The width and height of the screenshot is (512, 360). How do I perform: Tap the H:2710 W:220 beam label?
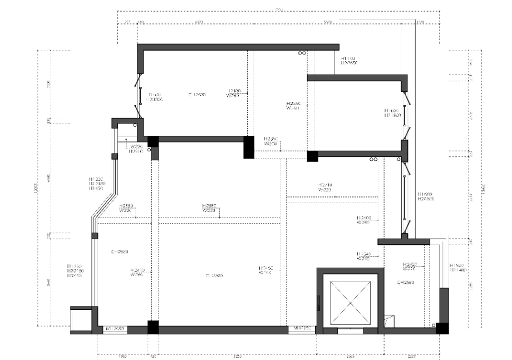point(325,187)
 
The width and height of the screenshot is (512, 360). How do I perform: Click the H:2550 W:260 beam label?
point(293,106)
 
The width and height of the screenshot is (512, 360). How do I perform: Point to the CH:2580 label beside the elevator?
point(406,283)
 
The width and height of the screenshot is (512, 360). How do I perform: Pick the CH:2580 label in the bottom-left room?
point(120,251)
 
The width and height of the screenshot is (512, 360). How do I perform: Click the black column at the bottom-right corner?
point(442,328)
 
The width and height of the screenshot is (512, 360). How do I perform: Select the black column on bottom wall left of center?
point(152,328)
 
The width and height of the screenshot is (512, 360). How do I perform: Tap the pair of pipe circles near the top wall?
point(302,53)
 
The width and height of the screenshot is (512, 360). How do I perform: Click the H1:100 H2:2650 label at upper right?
point(348,61)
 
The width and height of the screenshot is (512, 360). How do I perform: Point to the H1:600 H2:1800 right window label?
point(392,113)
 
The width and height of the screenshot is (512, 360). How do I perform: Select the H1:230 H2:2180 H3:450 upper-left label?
point(96,184)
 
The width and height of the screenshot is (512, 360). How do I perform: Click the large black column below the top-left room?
point(248,147)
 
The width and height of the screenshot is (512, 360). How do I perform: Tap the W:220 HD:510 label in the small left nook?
point(136,149)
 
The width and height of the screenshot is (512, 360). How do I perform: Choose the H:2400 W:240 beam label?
point(364,220)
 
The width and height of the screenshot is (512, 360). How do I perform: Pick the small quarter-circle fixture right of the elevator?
point(389,319)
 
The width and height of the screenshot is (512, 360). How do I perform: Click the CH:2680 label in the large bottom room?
point(214,275)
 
